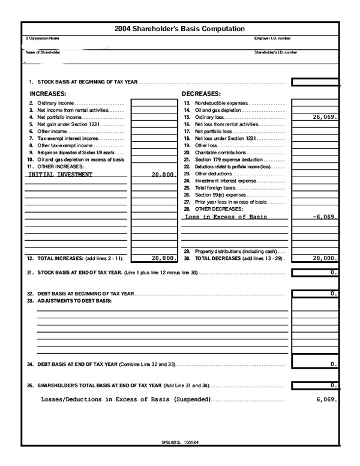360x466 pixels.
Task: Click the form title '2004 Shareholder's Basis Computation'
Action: (x=179, y=28)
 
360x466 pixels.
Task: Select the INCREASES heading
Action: (x=47, y=94)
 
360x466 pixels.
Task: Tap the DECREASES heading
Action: (x=201, y=94)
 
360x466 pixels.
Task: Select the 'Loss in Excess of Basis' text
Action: (x=226, y=217)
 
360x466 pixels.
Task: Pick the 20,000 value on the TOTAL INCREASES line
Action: (x=163, y=258)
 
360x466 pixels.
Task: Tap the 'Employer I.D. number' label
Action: (x=273, y=38)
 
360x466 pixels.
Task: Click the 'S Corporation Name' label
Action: (x=43, y=38)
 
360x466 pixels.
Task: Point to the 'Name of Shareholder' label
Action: (x=43, y=52)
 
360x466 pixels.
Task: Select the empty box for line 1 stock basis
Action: (x=316, y=82)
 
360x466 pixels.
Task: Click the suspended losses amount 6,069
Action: (x=327, y=399)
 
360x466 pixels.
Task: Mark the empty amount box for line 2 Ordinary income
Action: (x=153, y=103)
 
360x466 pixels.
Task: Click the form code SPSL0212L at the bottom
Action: (x=172, y=443)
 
